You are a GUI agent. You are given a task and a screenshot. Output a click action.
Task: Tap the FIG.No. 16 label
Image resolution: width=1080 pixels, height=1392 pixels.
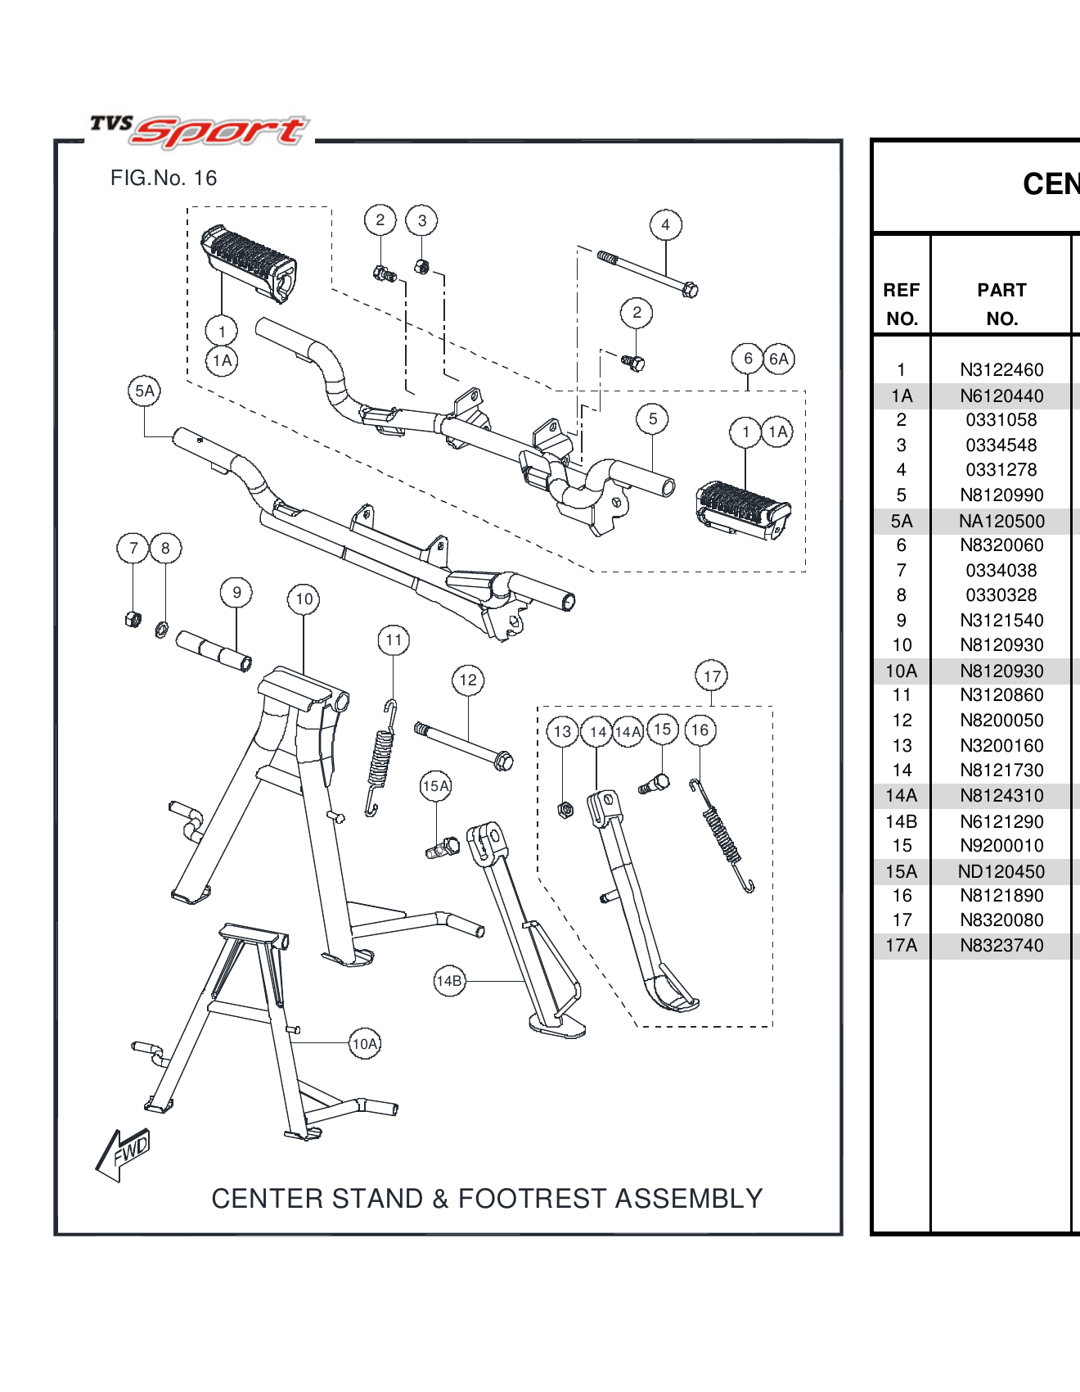(x=164, y=179)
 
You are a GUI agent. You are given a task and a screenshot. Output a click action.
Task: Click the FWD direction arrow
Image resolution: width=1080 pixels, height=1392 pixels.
(x=123, y=1154)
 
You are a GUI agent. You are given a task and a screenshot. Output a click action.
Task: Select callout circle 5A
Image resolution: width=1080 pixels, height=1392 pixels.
(x=144, y=391)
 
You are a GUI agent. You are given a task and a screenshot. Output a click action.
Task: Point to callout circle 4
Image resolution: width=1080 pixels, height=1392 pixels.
(x=665, y=224)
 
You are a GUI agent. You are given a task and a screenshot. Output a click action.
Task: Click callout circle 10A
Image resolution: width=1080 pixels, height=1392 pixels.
(x=365, y=1044)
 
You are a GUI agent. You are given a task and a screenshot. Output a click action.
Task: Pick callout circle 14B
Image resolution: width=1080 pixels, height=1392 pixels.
(x=449, y=981)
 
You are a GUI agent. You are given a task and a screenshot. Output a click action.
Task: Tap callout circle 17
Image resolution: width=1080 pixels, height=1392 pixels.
(x=712, y=676)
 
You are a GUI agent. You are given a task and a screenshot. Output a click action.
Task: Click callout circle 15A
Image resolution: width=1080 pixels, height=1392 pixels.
(x=435, y=786)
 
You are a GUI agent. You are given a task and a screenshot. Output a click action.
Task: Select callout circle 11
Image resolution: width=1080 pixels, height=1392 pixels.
(x=394, y=640)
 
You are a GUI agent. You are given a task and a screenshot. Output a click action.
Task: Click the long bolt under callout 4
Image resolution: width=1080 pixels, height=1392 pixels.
(x=646, y=273)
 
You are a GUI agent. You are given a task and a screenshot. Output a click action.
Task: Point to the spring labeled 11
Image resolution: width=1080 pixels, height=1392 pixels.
(x=380, y=757)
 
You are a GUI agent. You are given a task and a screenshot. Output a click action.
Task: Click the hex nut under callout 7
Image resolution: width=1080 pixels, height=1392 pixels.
(x=133, y=619)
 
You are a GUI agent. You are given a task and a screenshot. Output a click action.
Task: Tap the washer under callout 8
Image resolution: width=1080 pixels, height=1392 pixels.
(x=162, y=629)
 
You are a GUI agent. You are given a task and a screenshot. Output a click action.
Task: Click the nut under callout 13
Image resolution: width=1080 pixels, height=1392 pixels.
(x=565, y=810)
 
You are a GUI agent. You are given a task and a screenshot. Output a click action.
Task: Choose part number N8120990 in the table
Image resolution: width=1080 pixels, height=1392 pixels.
(x=1001, y=495)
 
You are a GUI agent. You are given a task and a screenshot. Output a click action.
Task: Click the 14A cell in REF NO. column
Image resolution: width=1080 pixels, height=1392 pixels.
(x=902, y=796)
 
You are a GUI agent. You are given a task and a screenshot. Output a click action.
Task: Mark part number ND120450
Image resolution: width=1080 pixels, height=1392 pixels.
(x=1001, y=871)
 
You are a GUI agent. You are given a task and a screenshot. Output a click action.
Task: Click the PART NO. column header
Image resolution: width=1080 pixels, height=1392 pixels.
(x=1001, y=304)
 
